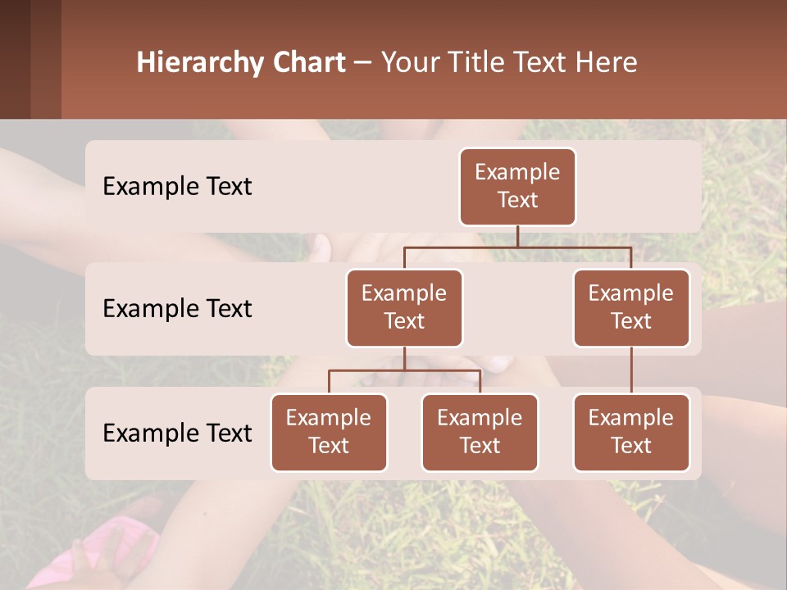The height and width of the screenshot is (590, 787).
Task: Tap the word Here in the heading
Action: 606,63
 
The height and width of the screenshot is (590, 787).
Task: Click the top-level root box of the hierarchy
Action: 517,187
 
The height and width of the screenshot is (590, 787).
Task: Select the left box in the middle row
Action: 404,308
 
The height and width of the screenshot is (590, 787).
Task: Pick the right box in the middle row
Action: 631,308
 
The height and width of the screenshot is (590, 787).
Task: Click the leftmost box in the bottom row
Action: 329,433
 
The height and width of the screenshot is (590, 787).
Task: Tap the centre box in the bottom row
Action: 480,433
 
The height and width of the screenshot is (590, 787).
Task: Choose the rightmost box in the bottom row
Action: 631,433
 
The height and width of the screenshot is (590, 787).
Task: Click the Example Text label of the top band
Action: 177,187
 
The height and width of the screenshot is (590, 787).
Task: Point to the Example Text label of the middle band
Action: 177,309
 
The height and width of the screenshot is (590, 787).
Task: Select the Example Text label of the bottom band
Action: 177,433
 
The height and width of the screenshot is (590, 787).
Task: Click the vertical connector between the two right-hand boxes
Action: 631,370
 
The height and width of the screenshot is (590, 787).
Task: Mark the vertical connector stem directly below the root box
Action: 517,236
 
